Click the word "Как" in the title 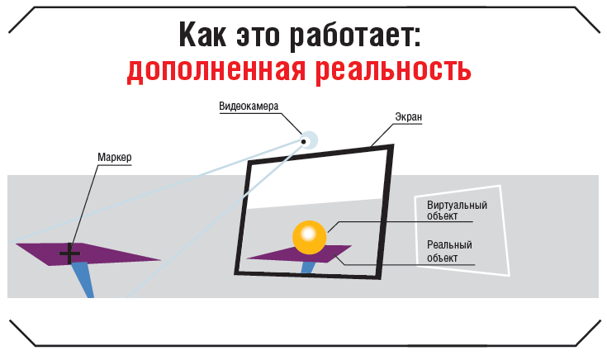[x=202, y=35]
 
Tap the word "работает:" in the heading [x=355, y=36]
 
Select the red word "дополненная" [x=216, y=70]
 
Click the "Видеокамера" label [x=249, y=106]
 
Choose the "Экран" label [x=409, y=117]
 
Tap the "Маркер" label [x=115, y=157]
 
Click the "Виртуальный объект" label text [x=457, y=211]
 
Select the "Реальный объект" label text [x=449, y=251]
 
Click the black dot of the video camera [x=304, y=142]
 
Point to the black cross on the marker [x=69, y=254]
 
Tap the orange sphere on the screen [x=310, y=237]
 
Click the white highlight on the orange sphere [x=309, y=234]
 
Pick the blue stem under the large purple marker [x=83, y=279]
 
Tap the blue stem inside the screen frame [x=307, y=268]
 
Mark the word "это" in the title [x=258, y=37]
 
